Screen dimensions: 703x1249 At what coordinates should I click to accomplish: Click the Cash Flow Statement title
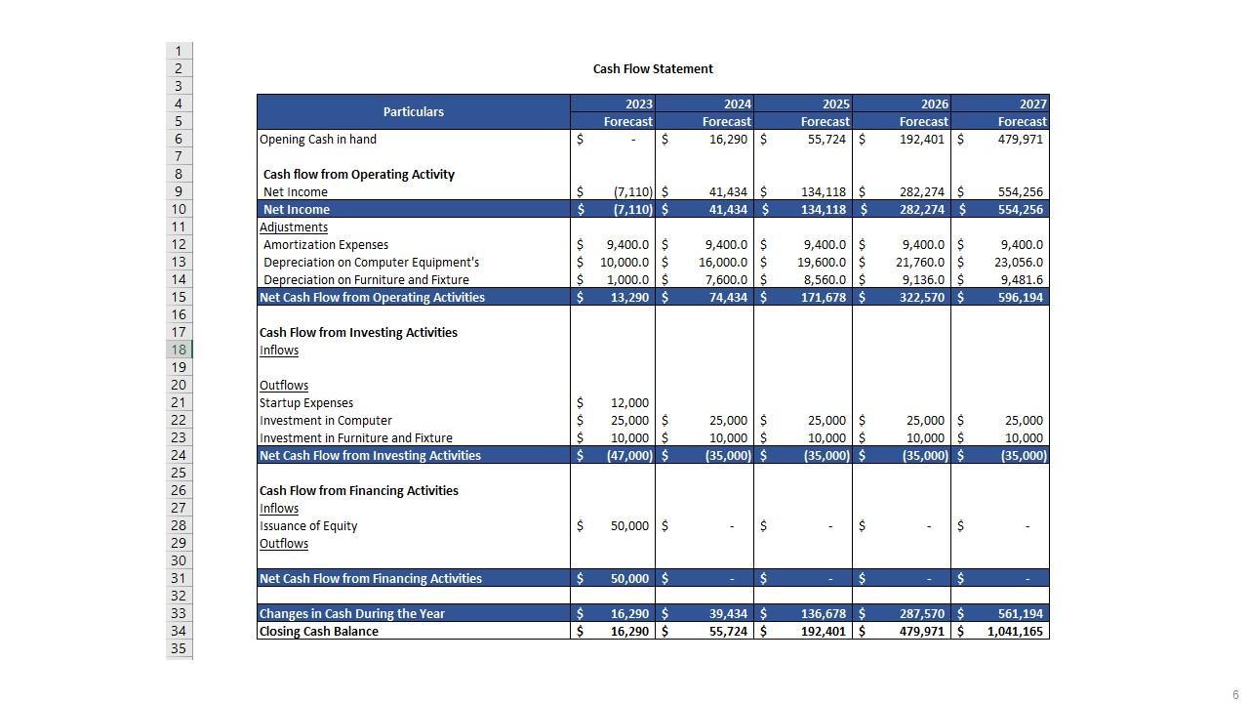point(653,69)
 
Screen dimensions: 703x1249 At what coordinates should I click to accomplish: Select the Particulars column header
point(413,112)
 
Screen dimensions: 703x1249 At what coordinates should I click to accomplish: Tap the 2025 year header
point(835,103)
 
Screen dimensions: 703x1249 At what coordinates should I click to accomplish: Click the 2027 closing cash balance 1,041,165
point(1015,632)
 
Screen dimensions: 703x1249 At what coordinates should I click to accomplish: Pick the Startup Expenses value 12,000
point(629,403)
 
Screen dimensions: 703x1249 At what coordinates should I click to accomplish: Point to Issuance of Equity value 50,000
point(629,526)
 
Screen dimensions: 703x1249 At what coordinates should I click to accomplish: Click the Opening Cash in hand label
point(318,140)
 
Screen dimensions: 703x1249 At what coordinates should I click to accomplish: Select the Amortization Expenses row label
point(326,245)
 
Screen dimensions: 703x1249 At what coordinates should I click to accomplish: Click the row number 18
point(180,351)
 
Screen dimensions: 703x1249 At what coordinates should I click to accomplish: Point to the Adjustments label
point(294,227)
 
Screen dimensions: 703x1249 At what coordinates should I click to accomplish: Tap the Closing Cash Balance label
point(319,632)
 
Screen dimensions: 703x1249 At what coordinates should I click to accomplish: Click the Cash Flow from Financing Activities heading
point(358,491)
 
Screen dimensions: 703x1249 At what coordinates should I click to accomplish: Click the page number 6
point(1235,695)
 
